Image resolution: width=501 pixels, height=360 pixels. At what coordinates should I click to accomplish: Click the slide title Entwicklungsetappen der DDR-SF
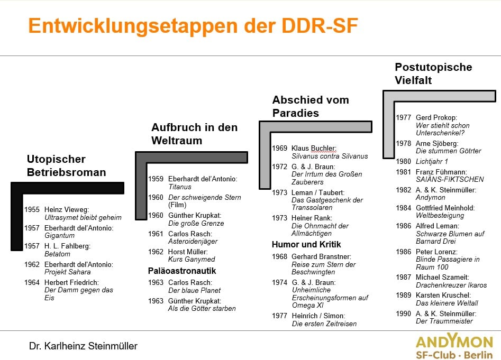point(193,25)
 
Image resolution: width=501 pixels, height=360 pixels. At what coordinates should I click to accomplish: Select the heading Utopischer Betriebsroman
point(67,165)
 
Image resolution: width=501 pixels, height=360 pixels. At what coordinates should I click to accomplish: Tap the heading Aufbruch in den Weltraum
point(195,134)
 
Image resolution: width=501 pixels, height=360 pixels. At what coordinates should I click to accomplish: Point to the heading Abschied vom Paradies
point(311,106)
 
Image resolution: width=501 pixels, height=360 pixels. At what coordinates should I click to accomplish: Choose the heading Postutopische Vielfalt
point(433,73)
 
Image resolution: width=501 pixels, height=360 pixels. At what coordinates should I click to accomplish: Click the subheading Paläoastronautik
point(182,271)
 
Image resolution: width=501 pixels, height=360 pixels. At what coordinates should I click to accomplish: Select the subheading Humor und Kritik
point(306,244)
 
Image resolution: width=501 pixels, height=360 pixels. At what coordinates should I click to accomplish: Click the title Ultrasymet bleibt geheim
point(83,218)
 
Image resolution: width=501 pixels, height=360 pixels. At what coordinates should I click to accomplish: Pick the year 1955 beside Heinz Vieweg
point(32,210)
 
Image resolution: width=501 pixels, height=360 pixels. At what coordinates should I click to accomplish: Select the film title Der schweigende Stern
point(205,198)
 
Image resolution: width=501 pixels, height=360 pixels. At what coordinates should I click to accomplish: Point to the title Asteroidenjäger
point(193,242)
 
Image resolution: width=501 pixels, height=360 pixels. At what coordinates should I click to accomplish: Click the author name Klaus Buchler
point(314,149)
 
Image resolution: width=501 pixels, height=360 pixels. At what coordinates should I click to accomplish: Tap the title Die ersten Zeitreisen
point(324,324)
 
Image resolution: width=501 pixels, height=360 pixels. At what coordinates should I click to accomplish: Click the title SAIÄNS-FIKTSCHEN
point(450,180)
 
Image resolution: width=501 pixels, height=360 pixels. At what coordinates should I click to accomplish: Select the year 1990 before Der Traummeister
point(404,313)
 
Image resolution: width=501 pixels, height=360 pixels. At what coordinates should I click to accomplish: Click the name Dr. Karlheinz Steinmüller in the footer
point(83,346)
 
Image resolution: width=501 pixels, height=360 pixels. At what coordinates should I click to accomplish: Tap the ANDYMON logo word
point(454,341)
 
